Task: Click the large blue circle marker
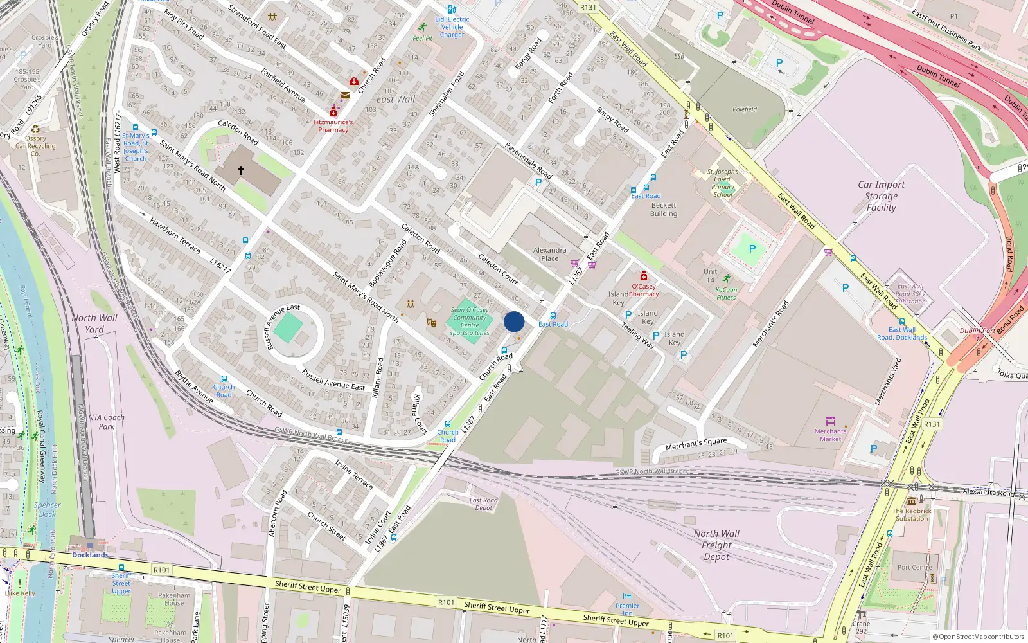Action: [514, 321]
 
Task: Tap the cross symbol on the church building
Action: [241, 170]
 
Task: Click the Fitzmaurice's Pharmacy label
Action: [333, 125]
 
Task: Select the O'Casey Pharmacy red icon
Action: [643, 276]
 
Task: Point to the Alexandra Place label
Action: [549, 254]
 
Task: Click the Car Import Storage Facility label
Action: [881, 195]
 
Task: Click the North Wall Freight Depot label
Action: [716, 545]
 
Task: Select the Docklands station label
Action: [90, 555]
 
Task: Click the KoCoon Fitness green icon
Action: [726, 279]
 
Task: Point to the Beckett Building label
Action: [663, 210]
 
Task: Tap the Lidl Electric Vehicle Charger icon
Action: [452, 10]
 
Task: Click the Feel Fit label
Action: [422, 38]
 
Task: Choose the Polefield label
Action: [745, 109]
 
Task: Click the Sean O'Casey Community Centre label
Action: [470, 317]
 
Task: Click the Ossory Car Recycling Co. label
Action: [35, 146]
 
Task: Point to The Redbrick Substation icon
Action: [911, 501]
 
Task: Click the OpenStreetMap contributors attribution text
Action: [978, 637]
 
